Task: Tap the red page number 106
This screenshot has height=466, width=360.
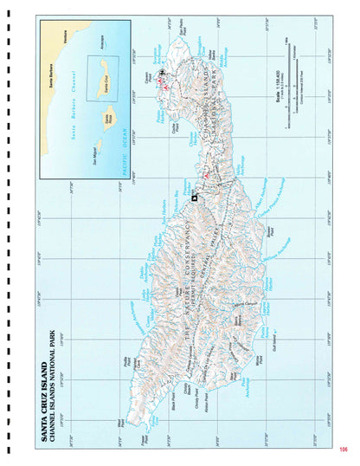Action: pyautogui.click(x=343, y=449)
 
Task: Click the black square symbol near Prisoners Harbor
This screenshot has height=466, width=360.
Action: pyautogui.click(x=194, y=199)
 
